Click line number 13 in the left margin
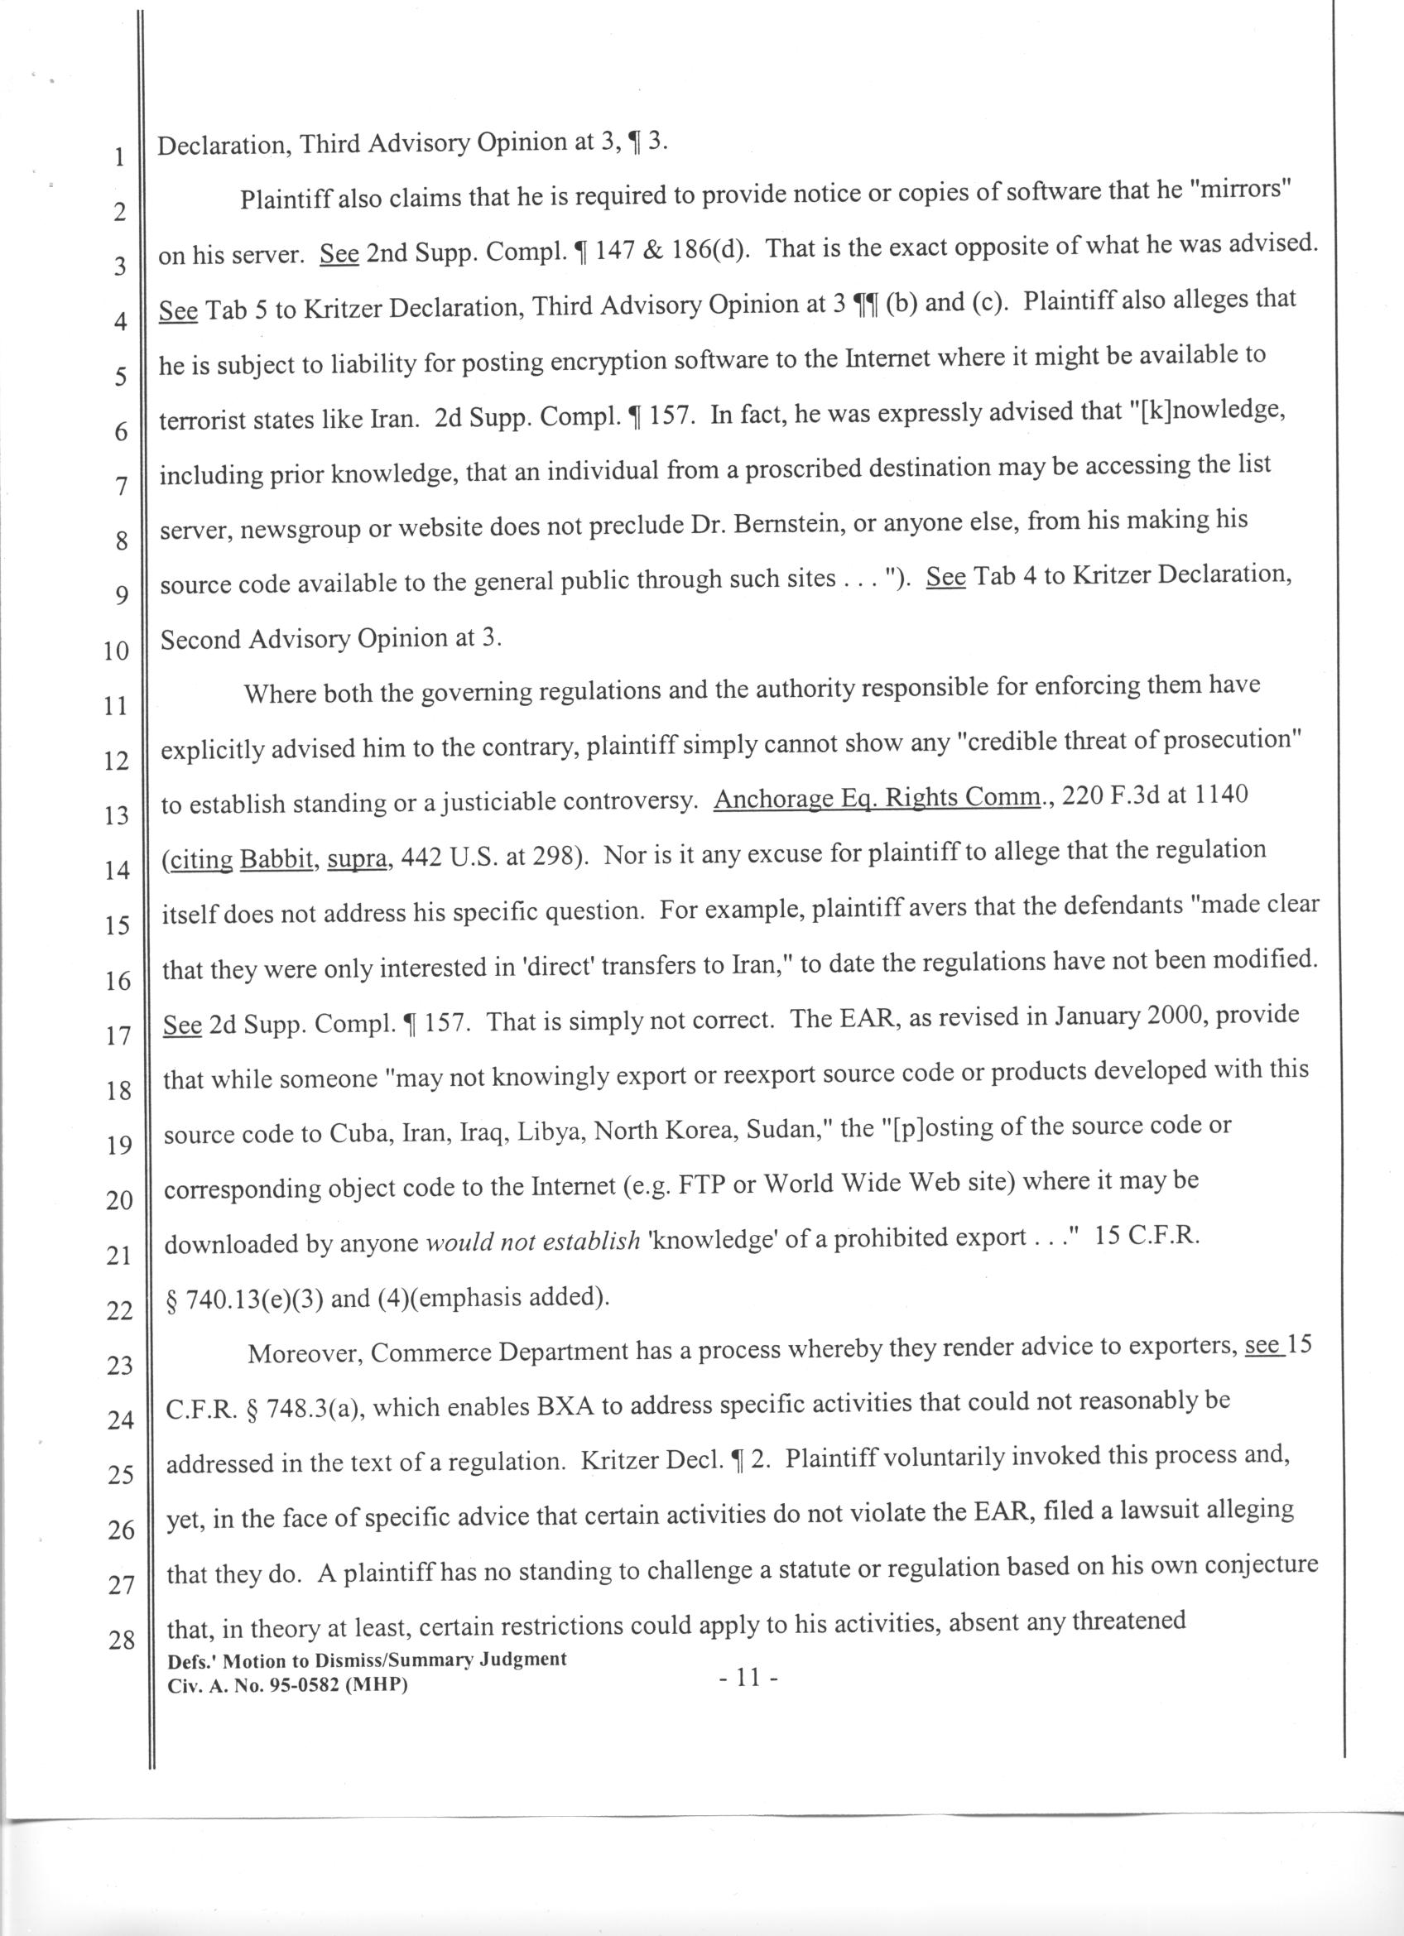(115, 816)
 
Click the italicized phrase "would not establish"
(531, 1240)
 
